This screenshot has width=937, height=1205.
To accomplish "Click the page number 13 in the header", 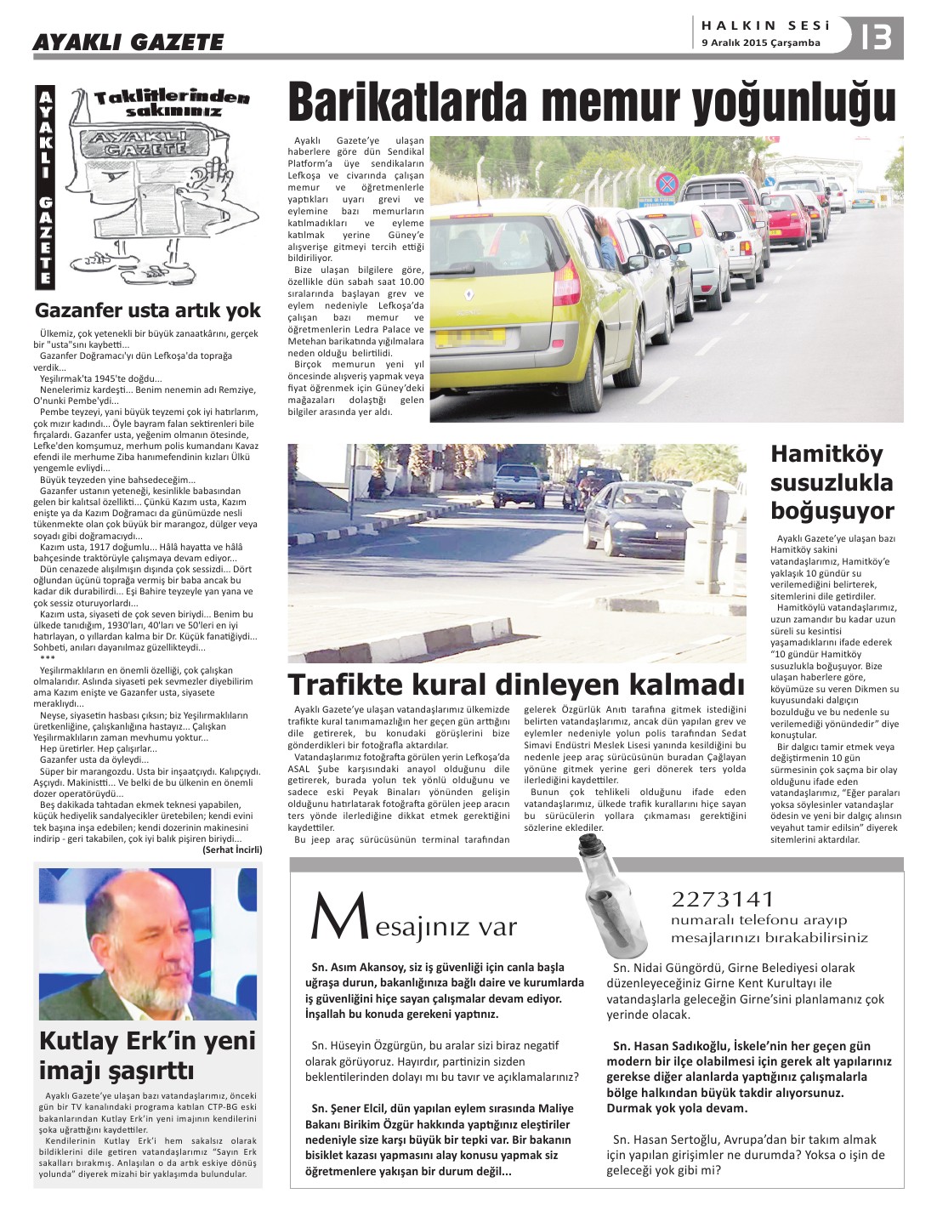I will [877, 37].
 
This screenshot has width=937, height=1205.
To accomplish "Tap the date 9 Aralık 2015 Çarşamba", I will [761, 43].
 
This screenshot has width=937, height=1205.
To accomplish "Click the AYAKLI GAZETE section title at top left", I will [128, 42].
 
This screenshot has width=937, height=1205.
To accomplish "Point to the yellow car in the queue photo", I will [520, 281].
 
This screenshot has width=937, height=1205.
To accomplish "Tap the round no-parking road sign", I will [667, 183].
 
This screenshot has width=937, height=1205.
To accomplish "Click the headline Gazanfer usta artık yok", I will [147, 310].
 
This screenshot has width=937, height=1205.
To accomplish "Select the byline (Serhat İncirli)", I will [232, 850].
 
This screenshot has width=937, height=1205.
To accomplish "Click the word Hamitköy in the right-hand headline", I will [815, 454].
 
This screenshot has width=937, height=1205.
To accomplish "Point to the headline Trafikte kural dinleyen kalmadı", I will [516, 685].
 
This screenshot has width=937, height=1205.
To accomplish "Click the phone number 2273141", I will [723, 899].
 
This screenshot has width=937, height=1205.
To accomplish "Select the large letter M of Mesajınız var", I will [339, 918].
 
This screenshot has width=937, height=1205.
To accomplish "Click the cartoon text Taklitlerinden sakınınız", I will [173, 104].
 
